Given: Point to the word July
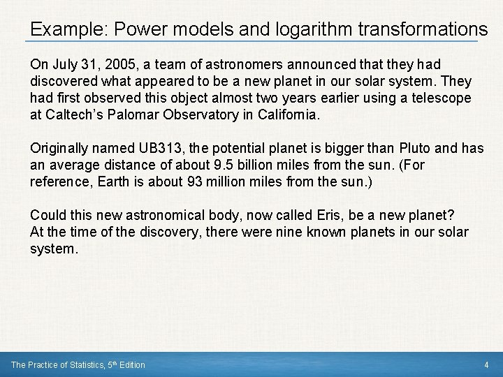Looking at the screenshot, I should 64,64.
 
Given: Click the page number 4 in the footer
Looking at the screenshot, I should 486,364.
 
